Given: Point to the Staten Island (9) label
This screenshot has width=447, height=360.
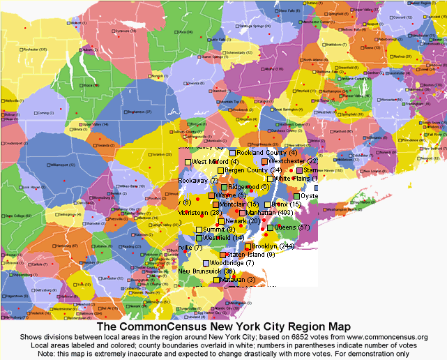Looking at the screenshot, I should pyautogui.click(x=250, y=255).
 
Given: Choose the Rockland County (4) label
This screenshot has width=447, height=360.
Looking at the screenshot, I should pyautogui.click(x=266, y=152).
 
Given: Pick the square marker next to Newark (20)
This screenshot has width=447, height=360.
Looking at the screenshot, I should pyautogui.click(x=221, y=222).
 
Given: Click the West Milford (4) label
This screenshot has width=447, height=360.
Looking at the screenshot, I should pyautogui.click(x=215, y=162).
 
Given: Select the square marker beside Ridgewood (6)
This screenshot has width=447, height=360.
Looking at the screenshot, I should pyautogui.click(x=224, y=188).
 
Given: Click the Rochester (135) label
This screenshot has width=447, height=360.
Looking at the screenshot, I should pyautogui.click(x=34, y=50).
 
